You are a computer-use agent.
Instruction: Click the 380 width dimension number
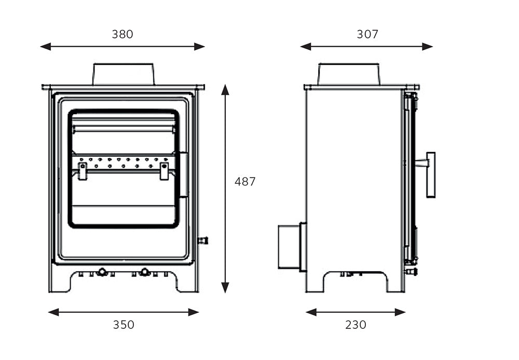[x=122, y=34]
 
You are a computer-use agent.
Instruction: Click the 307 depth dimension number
[x=367, y=34]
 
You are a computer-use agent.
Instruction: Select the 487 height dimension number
[x=245, y=182]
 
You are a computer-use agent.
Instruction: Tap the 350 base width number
[x=124, y=325]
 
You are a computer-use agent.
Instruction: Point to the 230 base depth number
[x=356, y=325]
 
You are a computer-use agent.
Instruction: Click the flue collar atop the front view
[x=124, y=74]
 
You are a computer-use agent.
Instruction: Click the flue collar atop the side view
[x=349, y=74]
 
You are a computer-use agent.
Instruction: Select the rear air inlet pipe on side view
[x=289, y=246]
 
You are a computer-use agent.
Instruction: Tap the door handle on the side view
[x=430, y=174]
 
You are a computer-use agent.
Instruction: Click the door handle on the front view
[x=184, y=175]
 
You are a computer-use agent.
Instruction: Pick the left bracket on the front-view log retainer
[x=83, y=171]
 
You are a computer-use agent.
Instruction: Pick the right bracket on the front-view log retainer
[x=164, y=171]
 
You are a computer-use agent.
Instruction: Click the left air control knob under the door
[x=102, y=271]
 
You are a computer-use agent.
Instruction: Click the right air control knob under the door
[x=145, y=271]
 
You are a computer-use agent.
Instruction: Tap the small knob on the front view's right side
[x=203, y=240]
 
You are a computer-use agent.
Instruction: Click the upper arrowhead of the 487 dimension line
[x=225, y=90]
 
